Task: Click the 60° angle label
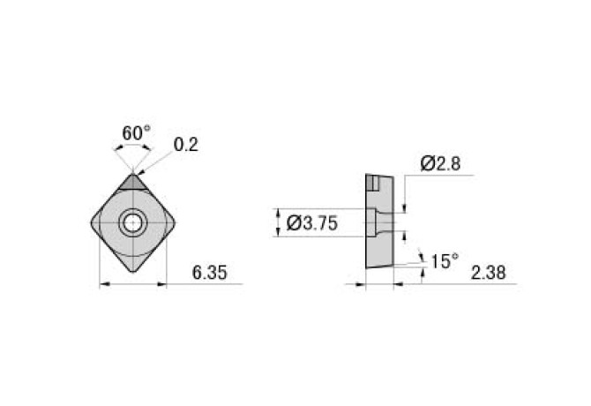(x=136, y=132)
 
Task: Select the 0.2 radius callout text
(x=185, y=144)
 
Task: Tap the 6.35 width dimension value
(x=209, y=274)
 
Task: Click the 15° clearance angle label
(x=445, y=261)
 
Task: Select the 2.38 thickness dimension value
(x=488, y=274)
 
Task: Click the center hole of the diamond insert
(x=133, y=223)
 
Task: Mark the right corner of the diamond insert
(x=176, y=222)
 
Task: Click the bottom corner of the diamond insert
(x=133, y=269)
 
